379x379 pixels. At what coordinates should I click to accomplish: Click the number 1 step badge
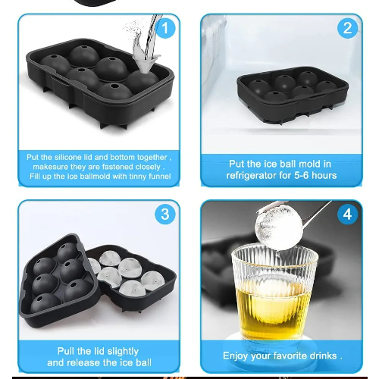click(x=165, y=28)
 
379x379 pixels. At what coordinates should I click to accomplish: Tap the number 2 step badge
click(x=347, y=28)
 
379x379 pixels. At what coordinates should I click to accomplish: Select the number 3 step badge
click(x=165, y=215)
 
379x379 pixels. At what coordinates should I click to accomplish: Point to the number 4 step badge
click(x=347, y=215)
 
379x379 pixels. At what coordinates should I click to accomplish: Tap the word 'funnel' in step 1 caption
click(x=160, y=176)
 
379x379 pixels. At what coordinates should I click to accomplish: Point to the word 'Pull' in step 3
click(x=66, y=351)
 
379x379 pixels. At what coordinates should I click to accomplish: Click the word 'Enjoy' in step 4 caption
click(x=235, y=356)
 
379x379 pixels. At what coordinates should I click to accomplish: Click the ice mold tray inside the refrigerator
click(x=293, y=95)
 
